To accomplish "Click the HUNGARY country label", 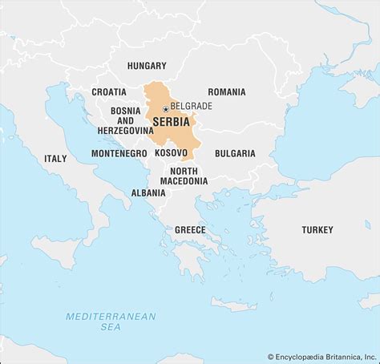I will click(x=146, y=66).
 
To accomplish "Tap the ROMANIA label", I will click(x=227, y=92).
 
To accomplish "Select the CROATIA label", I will click(x=108, y=92).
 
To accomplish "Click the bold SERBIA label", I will click(x=171, y=122).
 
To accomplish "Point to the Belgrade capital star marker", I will click(x=165, y=108).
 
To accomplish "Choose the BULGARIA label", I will click(x=235, y=153).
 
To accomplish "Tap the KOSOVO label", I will click(x=172, y=152).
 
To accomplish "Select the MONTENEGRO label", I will click(x=119, y=153).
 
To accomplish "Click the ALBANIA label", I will click(x=149, y=193).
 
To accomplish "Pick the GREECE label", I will click(x=190, y=230).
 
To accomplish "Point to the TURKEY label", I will click(x=317, y=230).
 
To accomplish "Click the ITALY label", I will click(x=55, y=159).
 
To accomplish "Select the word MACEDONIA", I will click(x=184, y=181).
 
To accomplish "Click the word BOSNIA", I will click(x=126, y=110).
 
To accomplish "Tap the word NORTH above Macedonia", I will click(x=184, y=170).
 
